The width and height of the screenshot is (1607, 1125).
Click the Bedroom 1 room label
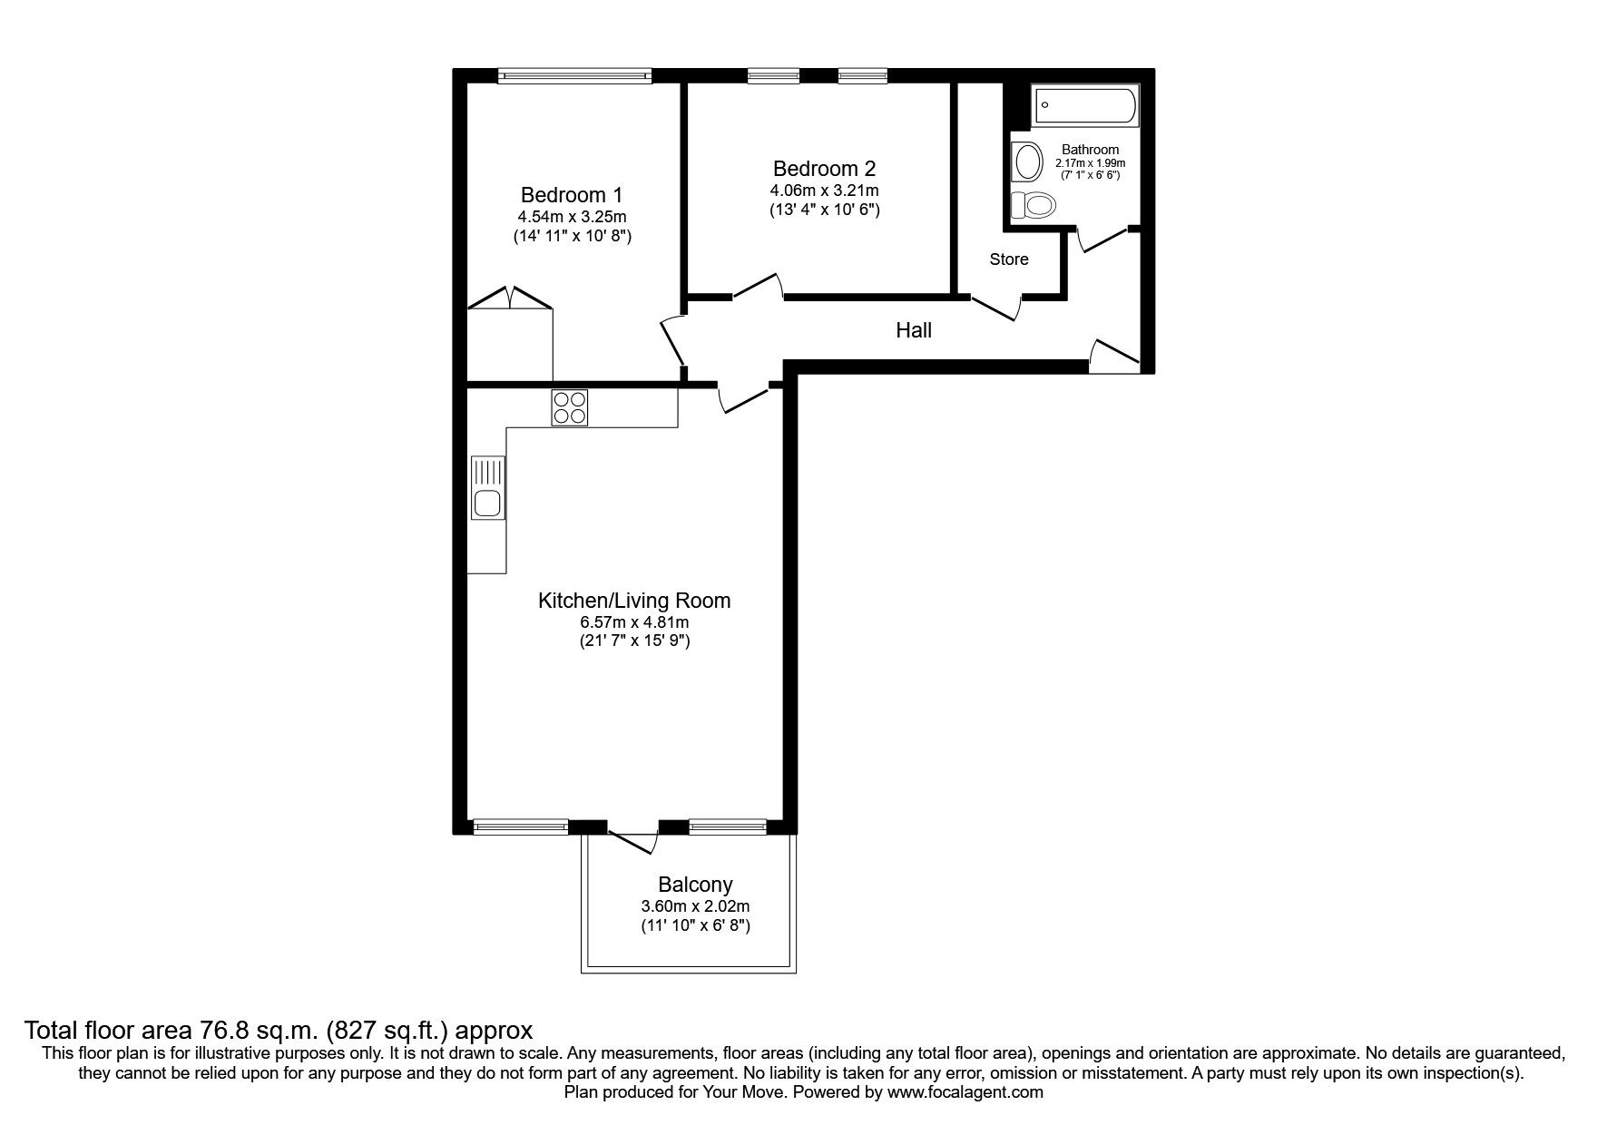click(571, 195)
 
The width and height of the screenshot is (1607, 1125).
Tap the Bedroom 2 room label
click(824, 169)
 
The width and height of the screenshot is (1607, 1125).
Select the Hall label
click(914, 330)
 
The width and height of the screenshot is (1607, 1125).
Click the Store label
click(1008, 259)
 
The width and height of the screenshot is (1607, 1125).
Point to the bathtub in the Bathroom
click(1084, 106)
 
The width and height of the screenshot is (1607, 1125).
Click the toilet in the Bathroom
click(1034, 205)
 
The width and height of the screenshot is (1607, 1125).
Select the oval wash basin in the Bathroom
click(1028, 162)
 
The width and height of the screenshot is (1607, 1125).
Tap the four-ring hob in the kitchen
click(570, 407)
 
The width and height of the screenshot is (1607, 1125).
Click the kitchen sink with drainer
click(487, 488)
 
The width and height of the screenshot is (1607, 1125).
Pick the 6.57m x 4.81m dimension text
click(634, 622)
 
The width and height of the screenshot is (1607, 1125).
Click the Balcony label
click(695, 885)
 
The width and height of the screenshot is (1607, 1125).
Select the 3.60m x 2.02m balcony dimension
click(695, 906)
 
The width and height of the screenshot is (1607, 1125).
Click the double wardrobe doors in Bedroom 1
click(509, 299)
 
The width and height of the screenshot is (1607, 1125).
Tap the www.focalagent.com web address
click(965, 1092)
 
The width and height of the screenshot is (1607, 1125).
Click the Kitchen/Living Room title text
click(634, 601)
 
